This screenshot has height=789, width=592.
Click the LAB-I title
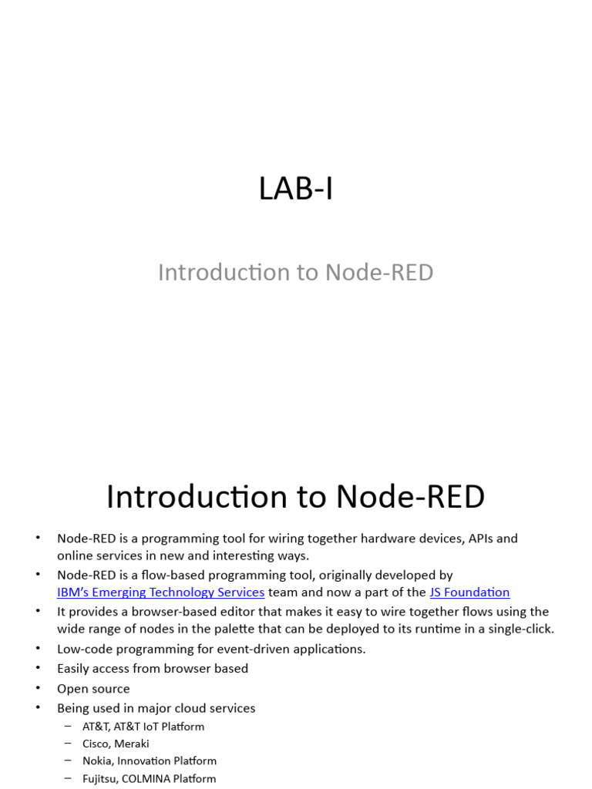296,189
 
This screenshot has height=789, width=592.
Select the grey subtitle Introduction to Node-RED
296,272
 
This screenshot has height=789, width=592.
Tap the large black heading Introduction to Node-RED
296,497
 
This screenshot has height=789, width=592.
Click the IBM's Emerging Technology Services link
160,593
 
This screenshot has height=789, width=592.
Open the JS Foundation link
469,593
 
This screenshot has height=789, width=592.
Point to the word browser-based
177,612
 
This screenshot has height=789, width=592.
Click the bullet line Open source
93,689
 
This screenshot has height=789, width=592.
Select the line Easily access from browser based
153,669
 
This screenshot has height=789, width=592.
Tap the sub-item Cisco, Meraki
116,744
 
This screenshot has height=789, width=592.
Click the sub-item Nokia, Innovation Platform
150,761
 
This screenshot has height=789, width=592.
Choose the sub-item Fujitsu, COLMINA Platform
149,779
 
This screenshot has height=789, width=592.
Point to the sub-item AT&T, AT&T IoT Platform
143,727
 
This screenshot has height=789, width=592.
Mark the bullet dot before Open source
39,689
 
